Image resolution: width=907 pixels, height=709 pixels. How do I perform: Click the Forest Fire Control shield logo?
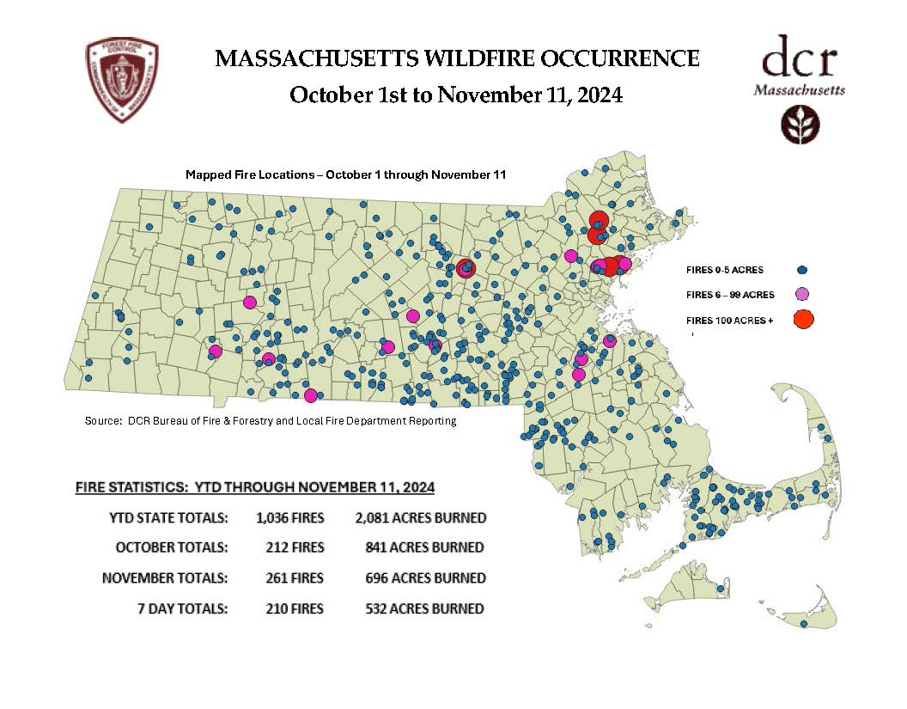click(x=122, y=80)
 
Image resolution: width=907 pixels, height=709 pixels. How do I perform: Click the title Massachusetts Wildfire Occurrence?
click(x=456, y=58)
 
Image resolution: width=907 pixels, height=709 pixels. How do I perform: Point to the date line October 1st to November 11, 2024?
click(x=456, y=95)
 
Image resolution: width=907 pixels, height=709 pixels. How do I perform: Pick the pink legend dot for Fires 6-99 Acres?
click(x=802, y=295)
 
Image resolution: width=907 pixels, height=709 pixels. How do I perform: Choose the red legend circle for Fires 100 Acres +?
click(x=803, y=320)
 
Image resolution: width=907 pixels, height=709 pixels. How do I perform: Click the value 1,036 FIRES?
click(x=289, y=518)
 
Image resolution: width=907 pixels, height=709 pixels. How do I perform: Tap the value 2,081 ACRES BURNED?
click(x=420, y=518)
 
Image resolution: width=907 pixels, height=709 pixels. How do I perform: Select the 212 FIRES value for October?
click(x=295, y=547)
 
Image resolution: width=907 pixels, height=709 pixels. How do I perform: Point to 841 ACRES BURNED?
click(x=424, y=547)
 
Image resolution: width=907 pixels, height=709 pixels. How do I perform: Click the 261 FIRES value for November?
click(x=295, y=578)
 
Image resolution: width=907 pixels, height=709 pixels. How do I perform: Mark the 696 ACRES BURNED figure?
click(x=424, y=578)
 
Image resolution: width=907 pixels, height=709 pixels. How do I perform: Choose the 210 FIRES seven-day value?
click(x=295, y=608)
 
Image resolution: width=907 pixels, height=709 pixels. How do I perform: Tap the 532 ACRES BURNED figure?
click(x=424, y=608)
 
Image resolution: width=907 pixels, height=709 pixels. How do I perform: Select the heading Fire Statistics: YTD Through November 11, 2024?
click(x=255, y=487)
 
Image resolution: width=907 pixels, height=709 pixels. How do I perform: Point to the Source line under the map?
click(x=271, y=421)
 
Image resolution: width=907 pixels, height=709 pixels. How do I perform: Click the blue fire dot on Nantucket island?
click(x=804, y=624)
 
